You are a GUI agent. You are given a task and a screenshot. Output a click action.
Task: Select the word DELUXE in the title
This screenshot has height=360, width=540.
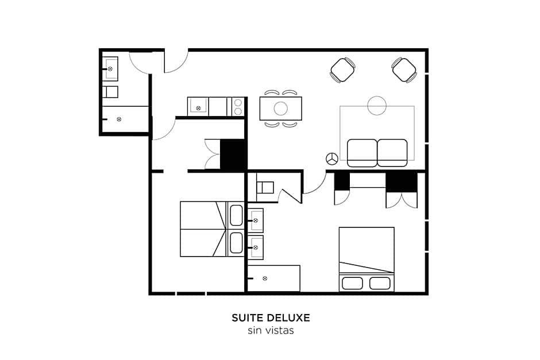tap(288, 318)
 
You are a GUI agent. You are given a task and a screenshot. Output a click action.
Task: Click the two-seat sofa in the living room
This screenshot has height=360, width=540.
tap(377, 153)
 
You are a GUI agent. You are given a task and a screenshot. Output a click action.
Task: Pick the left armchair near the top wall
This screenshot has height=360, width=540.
tap(343, 70)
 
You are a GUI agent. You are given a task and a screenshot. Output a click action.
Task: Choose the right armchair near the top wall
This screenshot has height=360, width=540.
tap(404, 70)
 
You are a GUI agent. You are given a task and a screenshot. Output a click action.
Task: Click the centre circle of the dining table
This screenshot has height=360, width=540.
tap(281, 109)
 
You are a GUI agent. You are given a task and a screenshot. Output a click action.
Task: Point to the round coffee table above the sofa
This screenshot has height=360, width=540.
tap(377, 105)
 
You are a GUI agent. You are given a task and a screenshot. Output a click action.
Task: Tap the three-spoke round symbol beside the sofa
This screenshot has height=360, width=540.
tap(332, 158)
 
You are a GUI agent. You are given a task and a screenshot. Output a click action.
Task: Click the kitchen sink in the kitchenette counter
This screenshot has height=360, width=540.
tap(198, 107)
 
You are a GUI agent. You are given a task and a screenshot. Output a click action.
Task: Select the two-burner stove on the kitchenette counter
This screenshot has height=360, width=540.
tap(238, 107)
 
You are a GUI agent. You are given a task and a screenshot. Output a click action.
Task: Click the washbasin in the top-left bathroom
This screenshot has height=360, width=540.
tap(110, 69)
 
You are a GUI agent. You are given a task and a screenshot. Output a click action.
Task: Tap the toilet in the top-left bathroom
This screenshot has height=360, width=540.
tap(110, 92)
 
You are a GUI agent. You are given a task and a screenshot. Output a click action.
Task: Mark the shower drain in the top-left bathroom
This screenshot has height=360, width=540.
tap(119, 119)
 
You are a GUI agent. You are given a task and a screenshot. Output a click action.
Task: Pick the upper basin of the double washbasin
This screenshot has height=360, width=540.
tap(256, 220)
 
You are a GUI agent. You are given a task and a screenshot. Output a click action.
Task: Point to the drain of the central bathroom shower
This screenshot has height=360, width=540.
tap(264, 278)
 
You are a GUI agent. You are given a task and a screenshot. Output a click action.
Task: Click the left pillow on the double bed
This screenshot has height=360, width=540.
tap(352, 284)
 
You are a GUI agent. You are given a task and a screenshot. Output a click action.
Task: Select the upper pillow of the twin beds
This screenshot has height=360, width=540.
tap(236, 215)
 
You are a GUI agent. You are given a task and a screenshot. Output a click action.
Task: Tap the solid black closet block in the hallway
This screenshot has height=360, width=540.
tap(233, 154)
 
